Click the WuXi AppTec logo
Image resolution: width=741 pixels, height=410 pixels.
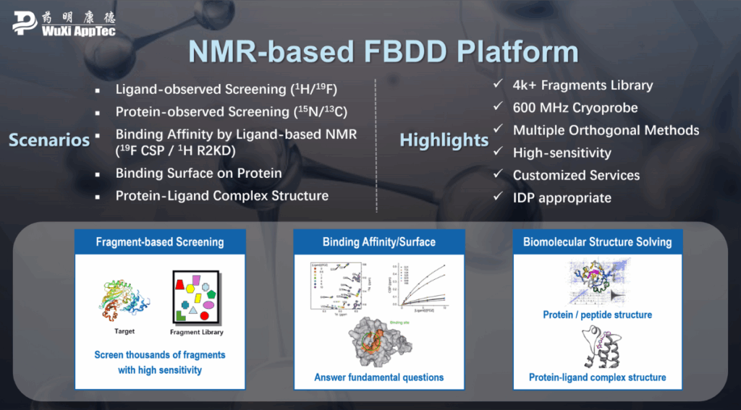pyautogui.click(x=64, y=23)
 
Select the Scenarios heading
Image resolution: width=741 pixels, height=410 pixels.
pyautogui.click(x=49, y=140)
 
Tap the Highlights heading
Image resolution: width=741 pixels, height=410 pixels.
pyautogui.click(x=444, y=140)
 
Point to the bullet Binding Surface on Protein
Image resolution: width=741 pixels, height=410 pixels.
pyautogui.click(x=198, y=174)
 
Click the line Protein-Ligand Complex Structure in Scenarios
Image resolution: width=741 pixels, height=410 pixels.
pyautogui.click(x=221, y=196)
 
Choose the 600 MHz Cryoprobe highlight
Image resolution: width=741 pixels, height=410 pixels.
pyautogui.click(x=575, y=108)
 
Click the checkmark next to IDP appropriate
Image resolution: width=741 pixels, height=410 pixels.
pyautogui.click(x=498, y=197)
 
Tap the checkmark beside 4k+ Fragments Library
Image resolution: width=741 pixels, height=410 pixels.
pyautogui.click(x=498, y=85)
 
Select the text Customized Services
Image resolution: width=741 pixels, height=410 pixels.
pyautogui.click(x=576, y=175)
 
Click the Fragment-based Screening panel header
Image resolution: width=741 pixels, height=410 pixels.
pyautogui.click(x=160, y=242)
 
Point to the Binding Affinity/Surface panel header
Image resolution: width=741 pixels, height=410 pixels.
pyautogui.click(x=378, y=242)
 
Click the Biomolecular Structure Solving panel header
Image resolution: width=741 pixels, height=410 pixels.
pyautogui.click(x=597, y=242)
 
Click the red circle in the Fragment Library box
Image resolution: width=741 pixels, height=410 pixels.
pyautogui.click(x=205, y=315)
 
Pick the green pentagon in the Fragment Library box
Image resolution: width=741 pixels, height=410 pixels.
pyautogui.click(x=211, y=294)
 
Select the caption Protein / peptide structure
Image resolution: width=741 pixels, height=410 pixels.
pyautogui.click(x=597, y=315)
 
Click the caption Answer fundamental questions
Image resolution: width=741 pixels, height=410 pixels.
pyautogui.click(x=378, y=377)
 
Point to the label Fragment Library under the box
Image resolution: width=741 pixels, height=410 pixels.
pyautogui.click(x=196, y=333)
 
